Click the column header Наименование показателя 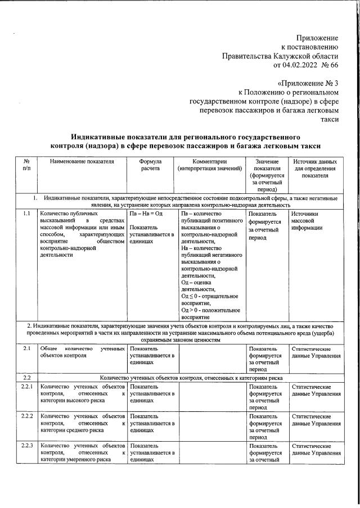[x=82, y=161]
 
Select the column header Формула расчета [x=150, y=165]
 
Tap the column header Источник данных [x=315, y=161]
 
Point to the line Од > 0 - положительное [x=210, y=310]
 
